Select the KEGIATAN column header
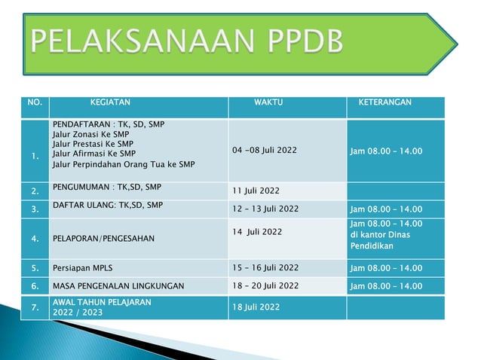(x=110, y=101)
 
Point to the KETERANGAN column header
(x=384, y=101)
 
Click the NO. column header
(x=35, y=101)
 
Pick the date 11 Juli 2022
(x=256, y=190)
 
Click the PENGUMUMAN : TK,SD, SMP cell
(x=106, y=185)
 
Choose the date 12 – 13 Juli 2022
(x=265, y=209)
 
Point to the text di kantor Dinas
(x=379, y=235)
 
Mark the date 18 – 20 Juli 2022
(x=265, y=286)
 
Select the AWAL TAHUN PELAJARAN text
(x=102, y=302)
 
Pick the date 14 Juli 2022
(x=258, y=231)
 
